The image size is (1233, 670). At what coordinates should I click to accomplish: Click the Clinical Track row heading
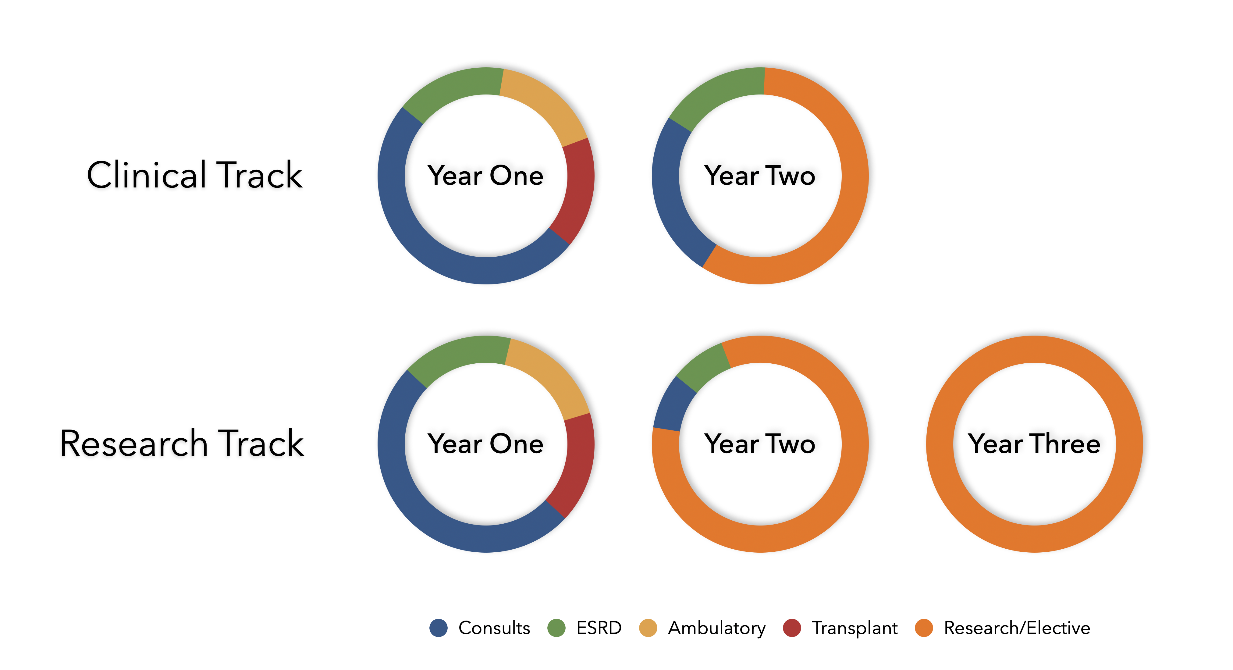(194, 175)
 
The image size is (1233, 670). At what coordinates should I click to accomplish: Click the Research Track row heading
(182, 444)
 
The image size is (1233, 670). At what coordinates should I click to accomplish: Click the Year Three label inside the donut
(1034, 444)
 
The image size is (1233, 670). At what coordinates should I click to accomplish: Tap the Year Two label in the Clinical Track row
(760, 175)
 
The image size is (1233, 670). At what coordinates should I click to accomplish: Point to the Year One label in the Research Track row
(485, 444)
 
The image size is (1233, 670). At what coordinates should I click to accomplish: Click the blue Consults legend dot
(439, 628)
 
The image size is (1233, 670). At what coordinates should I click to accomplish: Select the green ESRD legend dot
(556, 628)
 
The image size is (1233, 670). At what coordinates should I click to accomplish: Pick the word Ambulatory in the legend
(716, 628)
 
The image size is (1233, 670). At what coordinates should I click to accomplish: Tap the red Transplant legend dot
(792, 628)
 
